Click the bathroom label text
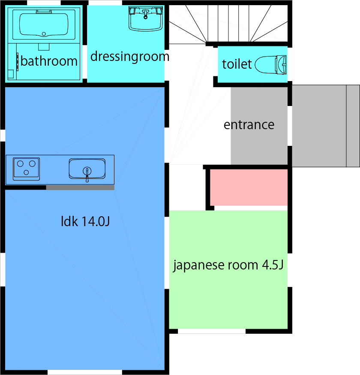click(x=49, y=61)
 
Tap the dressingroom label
click(x=129, y=56)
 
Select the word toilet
click(x=237, y=64)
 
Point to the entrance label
click(x=249, y=125)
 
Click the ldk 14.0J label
click(x=86, y=222)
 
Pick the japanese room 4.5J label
click(x=228, y=265)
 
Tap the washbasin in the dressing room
click(x=146, y=18)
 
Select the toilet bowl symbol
click(x=271, y=65)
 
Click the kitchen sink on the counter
click(x=87, y=169)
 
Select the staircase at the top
click(x=227, y=24)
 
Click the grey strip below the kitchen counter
click(x=80, y=187)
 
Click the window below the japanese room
click(x=212, y=331)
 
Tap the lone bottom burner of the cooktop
click(x=26, y=173)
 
